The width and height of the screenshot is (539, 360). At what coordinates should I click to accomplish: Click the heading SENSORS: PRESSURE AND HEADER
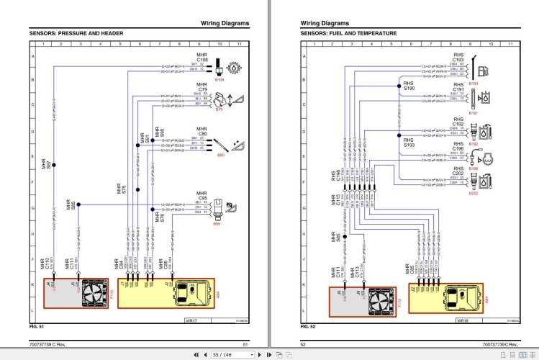point(76,34)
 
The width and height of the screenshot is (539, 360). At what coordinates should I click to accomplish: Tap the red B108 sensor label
point(219,79)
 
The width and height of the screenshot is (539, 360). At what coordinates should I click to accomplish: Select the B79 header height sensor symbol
point(237,99)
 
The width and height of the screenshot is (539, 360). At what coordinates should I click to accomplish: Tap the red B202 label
point(473,194)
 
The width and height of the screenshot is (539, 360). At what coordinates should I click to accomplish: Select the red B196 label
point(473,168)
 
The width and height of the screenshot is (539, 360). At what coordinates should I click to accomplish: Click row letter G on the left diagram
point(32,209)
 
